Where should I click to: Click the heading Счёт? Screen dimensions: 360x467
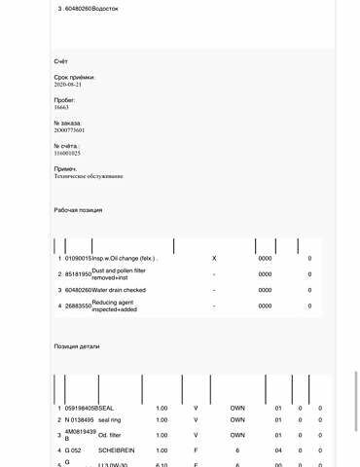tap(61, 61)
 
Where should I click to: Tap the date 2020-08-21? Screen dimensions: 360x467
tap(68, 85)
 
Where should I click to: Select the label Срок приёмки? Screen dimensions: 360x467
tap(75, 77)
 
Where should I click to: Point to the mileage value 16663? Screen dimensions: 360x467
tap(61, 107)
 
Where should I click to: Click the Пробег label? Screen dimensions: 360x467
tap(65, 99)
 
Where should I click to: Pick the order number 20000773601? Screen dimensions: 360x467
tap(69, 129)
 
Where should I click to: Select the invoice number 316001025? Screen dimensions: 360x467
tap(67, 153)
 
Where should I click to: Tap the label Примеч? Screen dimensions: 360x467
tap(65, 168)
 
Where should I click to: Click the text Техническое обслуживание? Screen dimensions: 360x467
tap(89, 176)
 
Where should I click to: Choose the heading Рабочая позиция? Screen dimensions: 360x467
tap(78, 210)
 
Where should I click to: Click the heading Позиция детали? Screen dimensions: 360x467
tap(77, 346)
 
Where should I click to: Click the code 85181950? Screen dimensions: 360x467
tap(78, 274)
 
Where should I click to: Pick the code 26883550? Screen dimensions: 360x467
tap(78, 306)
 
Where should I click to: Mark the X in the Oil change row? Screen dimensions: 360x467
tap(214, 258)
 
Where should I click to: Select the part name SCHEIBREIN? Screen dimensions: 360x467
tap(118, 450)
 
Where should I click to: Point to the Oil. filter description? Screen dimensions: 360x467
tap(110, 435)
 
